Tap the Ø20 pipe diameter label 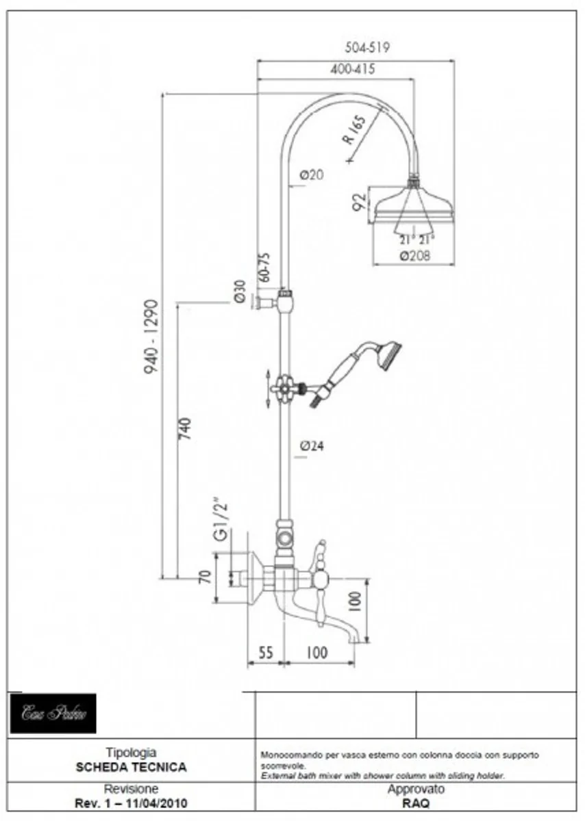click(311, 174)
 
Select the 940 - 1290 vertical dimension click(151, 335)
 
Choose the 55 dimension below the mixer click(266, 653)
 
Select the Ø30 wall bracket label click(239, 291)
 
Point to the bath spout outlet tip click(353, 640)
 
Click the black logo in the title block click(53, 713)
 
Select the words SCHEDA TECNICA click(130, 767)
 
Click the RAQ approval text click(416, 804)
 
